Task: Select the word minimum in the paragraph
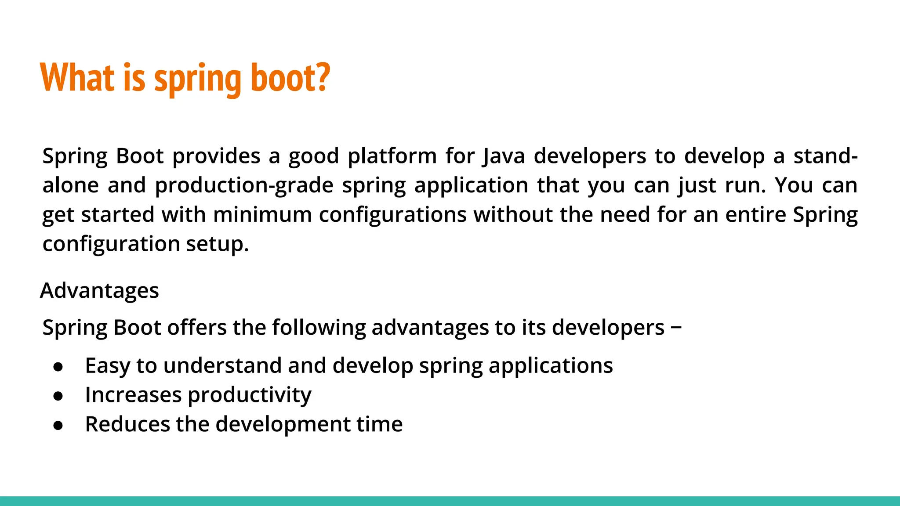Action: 262,215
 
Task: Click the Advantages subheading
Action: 99,291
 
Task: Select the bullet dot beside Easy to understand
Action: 58,367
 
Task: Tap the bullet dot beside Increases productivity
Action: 58,396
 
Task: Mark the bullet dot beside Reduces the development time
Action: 58,425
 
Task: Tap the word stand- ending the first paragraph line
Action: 825,156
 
